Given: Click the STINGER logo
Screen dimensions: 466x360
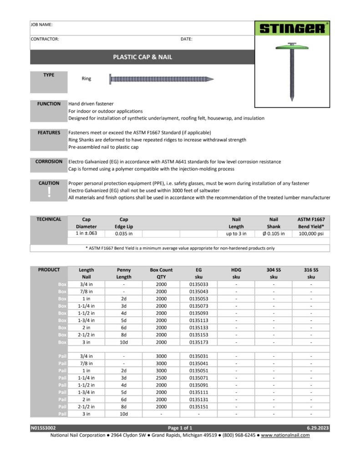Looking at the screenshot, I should pyautogui.click(x=292, y=29).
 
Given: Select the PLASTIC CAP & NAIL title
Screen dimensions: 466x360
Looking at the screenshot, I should pyautogui.click(x=142, y=57).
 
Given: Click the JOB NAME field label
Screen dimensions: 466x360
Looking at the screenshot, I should pyautogui.click(x=41, y=25).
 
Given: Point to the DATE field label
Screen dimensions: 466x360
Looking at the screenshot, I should pyautogui.click(x=186, y=39).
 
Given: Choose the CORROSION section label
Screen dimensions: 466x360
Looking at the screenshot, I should pyautogui.click(x=49, y=162).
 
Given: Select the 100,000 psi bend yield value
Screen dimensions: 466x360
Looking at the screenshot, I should pyautogui.click(x=311, y=234).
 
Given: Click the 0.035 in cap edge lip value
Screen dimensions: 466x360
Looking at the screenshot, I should pyautogui.click(x=123, y=234).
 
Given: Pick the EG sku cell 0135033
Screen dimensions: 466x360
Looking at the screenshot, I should pyautogui.click(x=198, y=284).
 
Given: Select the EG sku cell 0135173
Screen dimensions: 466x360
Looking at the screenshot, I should pyautogui.click(x=198, y=342).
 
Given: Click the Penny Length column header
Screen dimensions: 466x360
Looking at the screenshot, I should pyautogui.click(x=123, y=273).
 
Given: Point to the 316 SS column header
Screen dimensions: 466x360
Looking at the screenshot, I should pyautogui.click(x=311, y=273).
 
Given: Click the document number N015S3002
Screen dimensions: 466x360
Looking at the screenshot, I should pyautogui.click(x=43, y=428).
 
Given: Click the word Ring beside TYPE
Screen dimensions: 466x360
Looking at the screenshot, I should pyautogui.click(x=86, y=79).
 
